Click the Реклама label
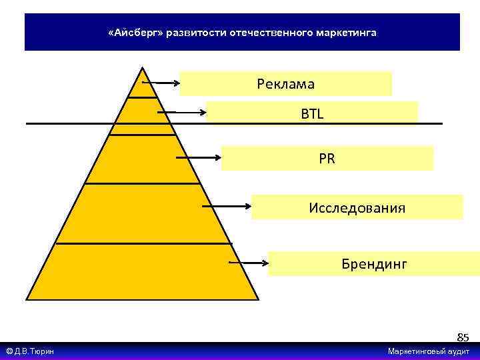(x=285, y=84)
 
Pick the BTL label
(x=311, y=114)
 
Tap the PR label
(x=327, y=159)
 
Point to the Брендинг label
(x=374, y=263)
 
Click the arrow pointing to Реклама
(x=161, y=83)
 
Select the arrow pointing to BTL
(x=182, y=113)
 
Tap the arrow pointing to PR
(x=199, y=158)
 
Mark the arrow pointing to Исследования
(x=227, y=207)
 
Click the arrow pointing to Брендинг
(x=248, y=263)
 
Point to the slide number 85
(x=463, y=337)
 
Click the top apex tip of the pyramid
(x=141, y=67)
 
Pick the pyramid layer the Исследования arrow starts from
(x=143, y=213)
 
